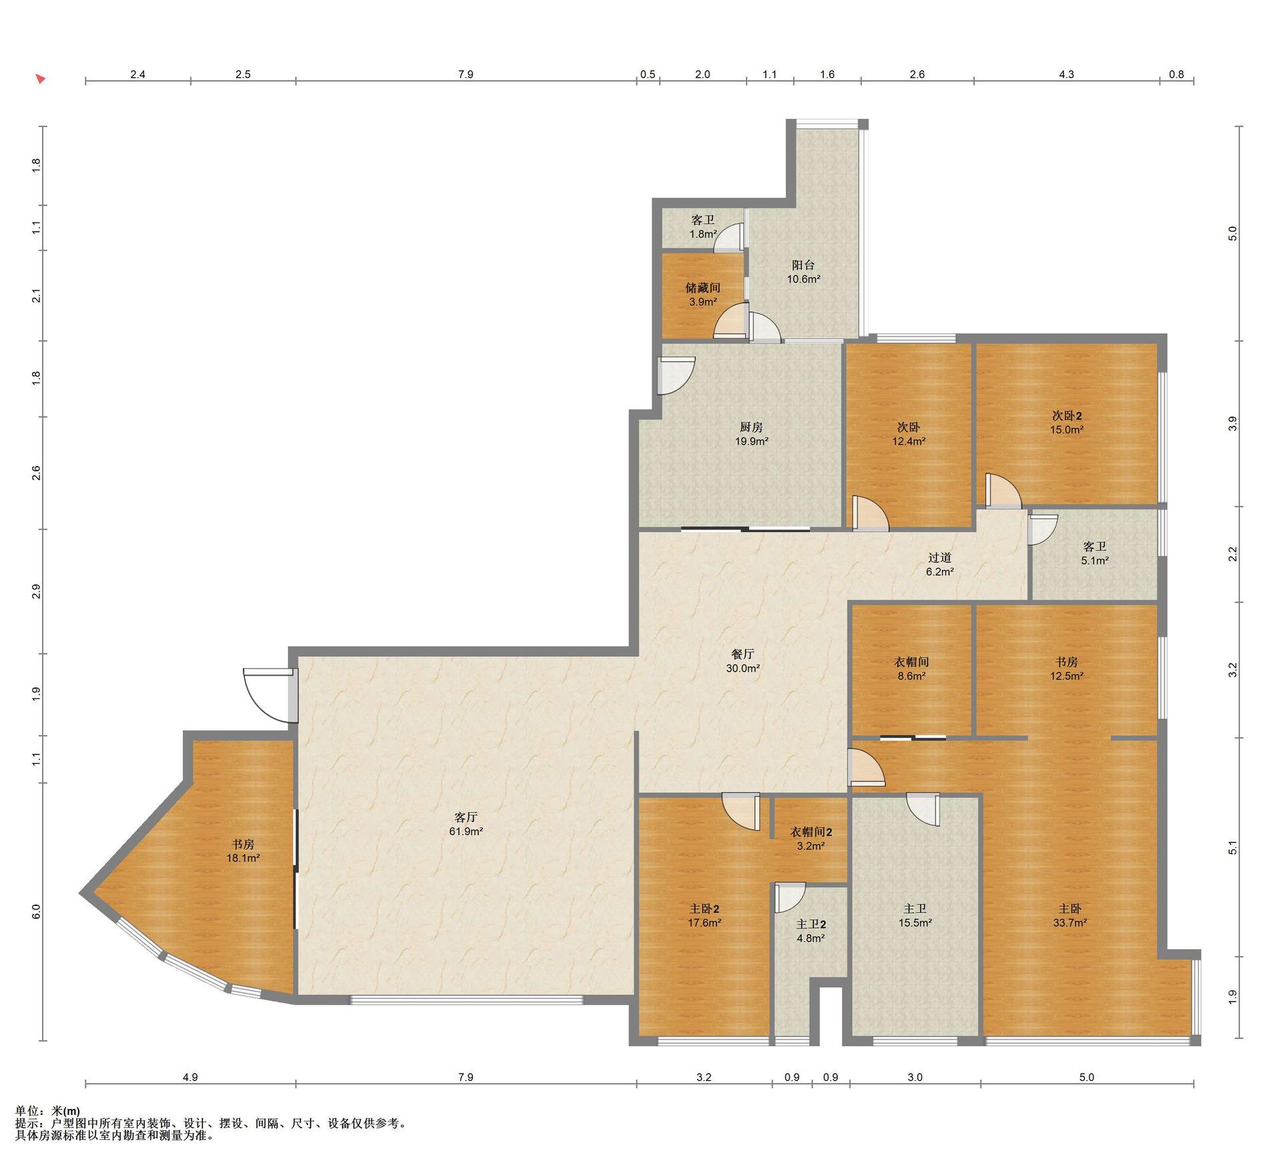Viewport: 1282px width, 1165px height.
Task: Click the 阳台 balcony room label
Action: (803, 265)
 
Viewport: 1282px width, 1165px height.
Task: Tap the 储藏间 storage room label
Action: (703, 288)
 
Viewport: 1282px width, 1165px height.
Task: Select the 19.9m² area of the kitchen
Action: (751, 441)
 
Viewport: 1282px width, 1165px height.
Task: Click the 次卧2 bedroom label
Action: (1067, 416)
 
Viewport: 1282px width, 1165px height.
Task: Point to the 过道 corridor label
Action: (939, 557)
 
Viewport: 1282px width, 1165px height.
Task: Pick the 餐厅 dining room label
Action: (743, 654)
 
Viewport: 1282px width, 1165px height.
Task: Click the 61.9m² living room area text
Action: (465, 832)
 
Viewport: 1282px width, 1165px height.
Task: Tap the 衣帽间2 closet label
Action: (811, 833)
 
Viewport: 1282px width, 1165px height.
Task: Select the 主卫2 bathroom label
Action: (811, 925)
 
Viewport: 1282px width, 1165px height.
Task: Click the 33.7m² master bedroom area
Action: (1070, 923)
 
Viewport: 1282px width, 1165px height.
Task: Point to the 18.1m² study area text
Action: (243, 859)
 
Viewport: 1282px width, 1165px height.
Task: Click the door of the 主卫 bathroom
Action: (923, 809)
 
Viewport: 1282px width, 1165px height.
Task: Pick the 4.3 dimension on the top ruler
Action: (1066, 74)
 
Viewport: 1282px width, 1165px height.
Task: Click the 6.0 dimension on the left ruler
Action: (36, 911)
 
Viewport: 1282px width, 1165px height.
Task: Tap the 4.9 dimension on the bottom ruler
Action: (190, 1077)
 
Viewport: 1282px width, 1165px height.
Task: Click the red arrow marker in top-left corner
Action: (41, 79)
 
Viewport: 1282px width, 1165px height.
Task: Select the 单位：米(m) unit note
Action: (47, 1111)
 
